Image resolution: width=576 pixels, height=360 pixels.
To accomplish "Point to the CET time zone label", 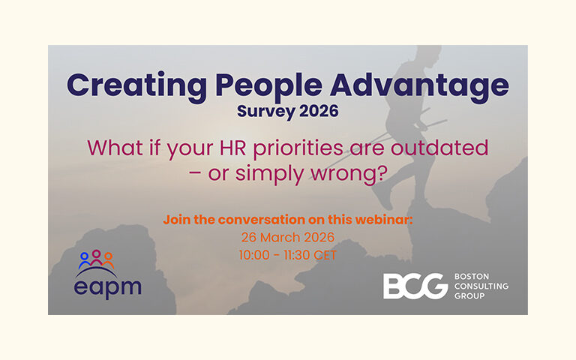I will [325, 255].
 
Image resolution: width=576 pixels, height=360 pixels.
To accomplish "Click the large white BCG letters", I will [414, 286].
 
